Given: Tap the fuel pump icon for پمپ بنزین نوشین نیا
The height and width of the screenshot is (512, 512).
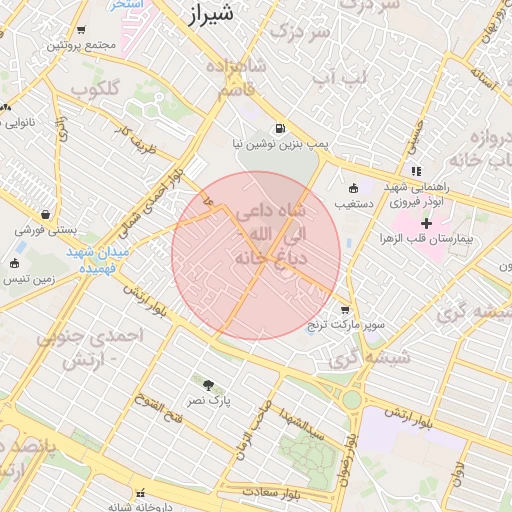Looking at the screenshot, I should click(x=278, y=128).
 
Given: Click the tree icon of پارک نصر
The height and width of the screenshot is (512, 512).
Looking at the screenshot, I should click(x=208, y=385).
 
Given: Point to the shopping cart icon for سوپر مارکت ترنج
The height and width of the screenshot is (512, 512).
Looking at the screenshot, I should click(x=345, y=310).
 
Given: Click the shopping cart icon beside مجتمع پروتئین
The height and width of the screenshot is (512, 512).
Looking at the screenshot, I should click(x=80, y=31).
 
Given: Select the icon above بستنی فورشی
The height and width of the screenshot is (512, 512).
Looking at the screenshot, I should click(x=46, y=214).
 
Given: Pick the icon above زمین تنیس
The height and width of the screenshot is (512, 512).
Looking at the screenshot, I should click(x=13, y=264).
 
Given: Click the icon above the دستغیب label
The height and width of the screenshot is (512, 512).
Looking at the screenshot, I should click(x=352, y=188).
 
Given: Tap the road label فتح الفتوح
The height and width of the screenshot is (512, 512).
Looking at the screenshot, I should click(x=167, y=409).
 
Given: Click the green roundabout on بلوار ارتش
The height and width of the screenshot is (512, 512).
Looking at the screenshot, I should click(x=352, y=400).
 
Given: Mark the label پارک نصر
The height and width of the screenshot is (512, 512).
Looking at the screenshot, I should click(x=212, y=400).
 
